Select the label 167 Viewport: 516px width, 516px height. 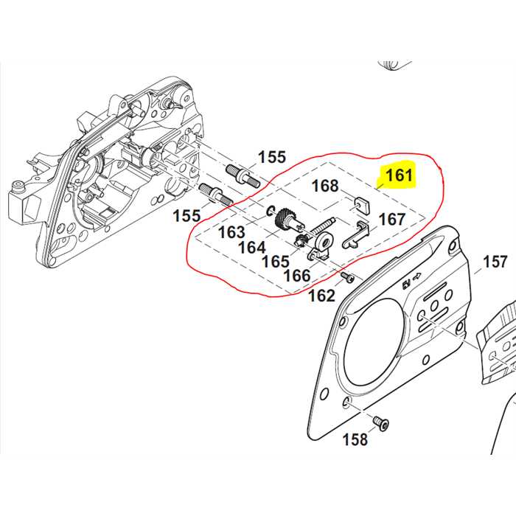click(x=391, y=219)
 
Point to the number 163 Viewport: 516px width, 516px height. click(x=231, y=231)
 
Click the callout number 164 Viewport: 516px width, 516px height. click(x=251, y=247)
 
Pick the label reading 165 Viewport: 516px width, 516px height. click(x=275, y=261)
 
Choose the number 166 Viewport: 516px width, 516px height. click(x=296, y=276)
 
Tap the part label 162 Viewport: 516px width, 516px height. click(x=321, y=296)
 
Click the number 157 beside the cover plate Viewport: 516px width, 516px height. click(x=495, y=262)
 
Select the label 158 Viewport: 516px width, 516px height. click(x=355, y=439)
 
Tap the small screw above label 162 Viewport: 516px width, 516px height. click(x=347, y=277)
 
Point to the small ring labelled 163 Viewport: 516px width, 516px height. click(x=271, y=208)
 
